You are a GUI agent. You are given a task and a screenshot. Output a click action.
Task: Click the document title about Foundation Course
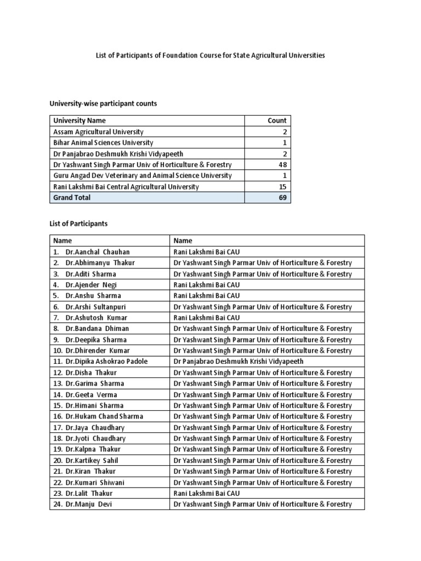click(210, 55)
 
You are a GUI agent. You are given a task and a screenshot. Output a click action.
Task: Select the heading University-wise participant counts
click(104, 104)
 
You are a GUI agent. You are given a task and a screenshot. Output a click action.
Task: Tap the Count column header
click(277, 121)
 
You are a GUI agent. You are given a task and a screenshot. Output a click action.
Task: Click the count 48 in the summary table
click(282, 164)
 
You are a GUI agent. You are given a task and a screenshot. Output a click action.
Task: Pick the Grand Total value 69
click(282, 197)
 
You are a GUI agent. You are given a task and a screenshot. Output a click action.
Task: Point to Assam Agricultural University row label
click(98, 131)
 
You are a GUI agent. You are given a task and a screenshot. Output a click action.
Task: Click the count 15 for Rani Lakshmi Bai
click(282, 186)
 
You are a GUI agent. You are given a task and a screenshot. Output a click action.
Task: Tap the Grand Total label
click(72, 197)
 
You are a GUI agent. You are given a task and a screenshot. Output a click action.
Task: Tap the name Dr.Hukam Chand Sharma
click(104, 416)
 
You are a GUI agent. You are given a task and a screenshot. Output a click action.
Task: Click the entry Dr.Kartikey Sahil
click(92, 461)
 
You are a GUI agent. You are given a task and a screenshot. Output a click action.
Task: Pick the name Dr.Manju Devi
click(88, 505)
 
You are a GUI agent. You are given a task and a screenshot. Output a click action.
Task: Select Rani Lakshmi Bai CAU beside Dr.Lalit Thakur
click(206, 494)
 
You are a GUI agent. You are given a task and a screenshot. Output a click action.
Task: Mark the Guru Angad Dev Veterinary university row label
click(142, 175)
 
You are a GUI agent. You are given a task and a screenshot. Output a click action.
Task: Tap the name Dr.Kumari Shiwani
click(94, 483)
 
